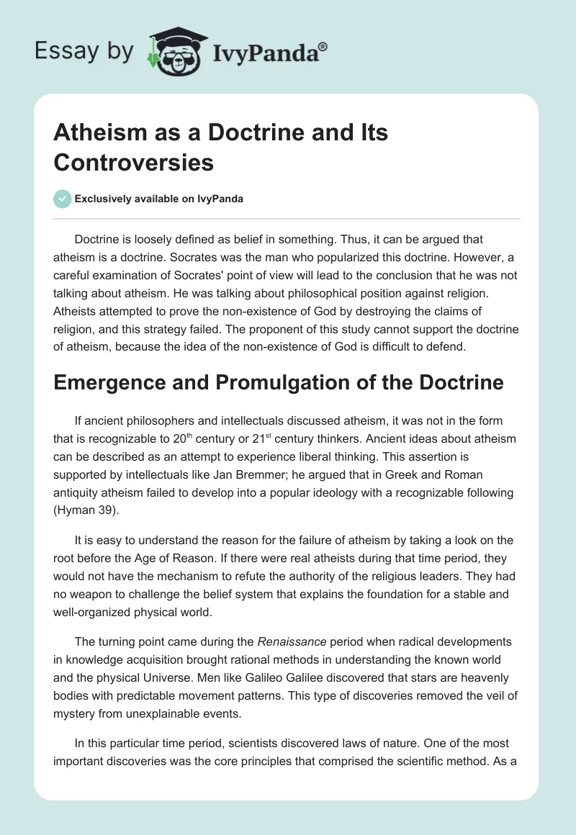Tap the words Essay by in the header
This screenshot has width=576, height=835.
(x=84, y=52)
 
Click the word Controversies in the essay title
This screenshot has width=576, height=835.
(x=134, y=162)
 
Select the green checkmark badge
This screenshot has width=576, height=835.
(x=63, y=199)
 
